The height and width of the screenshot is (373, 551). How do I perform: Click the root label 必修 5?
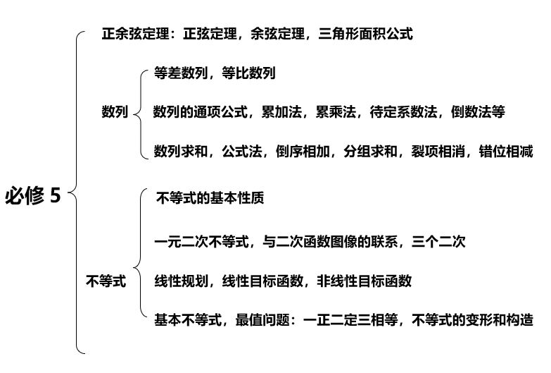pos(32,195)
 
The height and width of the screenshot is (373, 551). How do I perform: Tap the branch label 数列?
pos(115,111)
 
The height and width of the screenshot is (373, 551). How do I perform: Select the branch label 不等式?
pos(106,281)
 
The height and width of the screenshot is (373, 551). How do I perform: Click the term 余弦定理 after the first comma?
pos(277,34)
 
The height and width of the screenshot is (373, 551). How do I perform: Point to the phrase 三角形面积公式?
pos(365,34)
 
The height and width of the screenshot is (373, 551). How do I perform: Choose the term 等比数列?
pos(248,73)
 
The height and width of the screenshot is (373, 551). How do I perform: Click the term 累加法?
pos(281,112)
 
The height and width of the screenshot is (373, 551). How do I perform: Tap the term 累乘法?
pos(336,112)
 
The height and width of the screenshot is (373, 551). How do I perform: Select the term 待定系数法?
pos(403,112)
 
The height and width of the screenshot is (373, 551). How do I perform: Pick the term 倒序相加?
pos(303,152)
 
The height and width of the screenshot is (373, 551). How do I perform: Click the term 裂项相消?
pos(438,152)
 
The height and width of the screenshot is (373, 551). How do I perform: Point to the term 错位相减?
pos(506,152)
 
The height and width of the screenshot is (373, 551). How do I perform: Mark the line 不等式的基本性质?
pos(210,198)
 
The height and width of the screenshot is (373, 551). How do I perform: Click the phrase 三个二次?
pos(438,242)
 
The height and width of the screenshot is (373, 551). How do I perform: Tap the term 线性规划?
pos(181,281)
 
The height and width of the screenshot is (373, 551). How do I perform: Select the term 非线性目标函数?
pos(364,281)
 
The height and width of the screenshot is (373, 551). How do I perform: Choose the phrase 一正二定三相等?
pos(350,320)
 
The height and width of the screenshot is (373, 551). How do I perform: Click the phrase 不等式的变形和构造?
pos(473,320)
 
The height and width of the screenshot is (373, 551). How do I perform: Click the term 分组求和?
pos(370,152)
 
